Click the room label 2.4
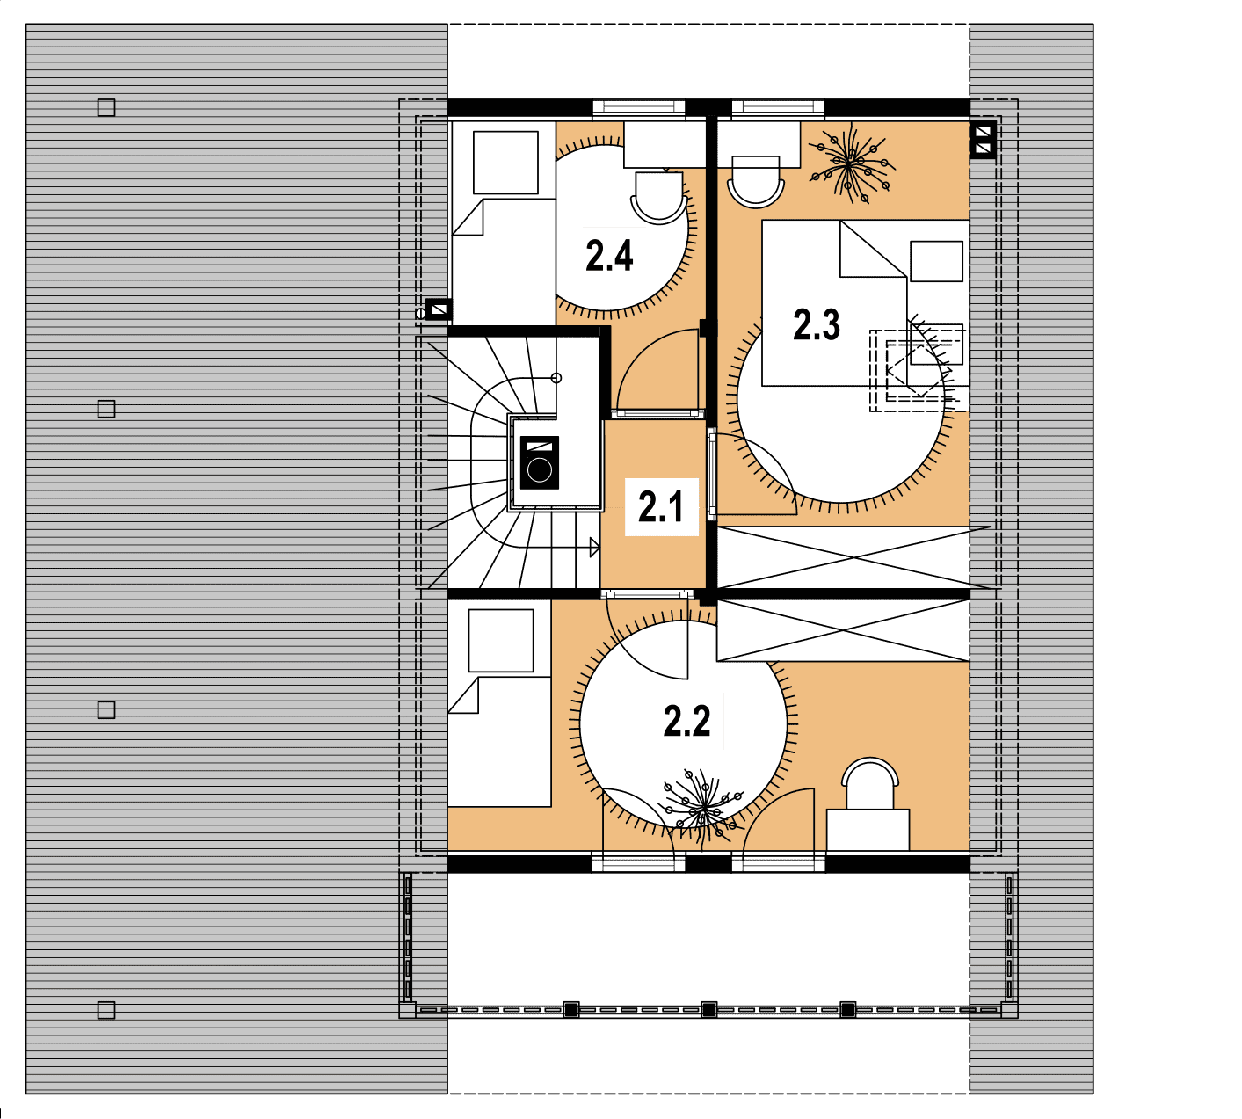[609, 256]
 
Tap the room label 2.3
[817, 324]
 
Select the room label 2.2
[686, 721]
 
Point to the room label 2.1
[661, 506]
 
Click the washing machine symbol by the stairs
[540, 462]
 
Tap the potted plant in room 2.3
[852, 164]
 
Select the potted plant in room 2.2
[702, 808]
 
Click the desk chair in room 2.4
[658, 198]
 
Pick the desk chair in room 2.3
[755, 181]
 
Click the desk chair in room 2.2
[870, 783]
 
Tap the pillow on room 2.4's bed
[505, 163]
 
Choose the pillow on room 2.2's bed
[501, 640]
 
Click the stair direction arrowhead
[594, 548]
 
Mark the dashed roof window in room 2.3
[917, 370]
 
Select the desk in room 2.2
[868, 830]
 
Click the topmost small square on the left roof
[106, 108]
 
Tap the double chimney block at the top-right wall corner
[983, 140]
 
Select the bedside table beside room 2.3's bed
[936, 261]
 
